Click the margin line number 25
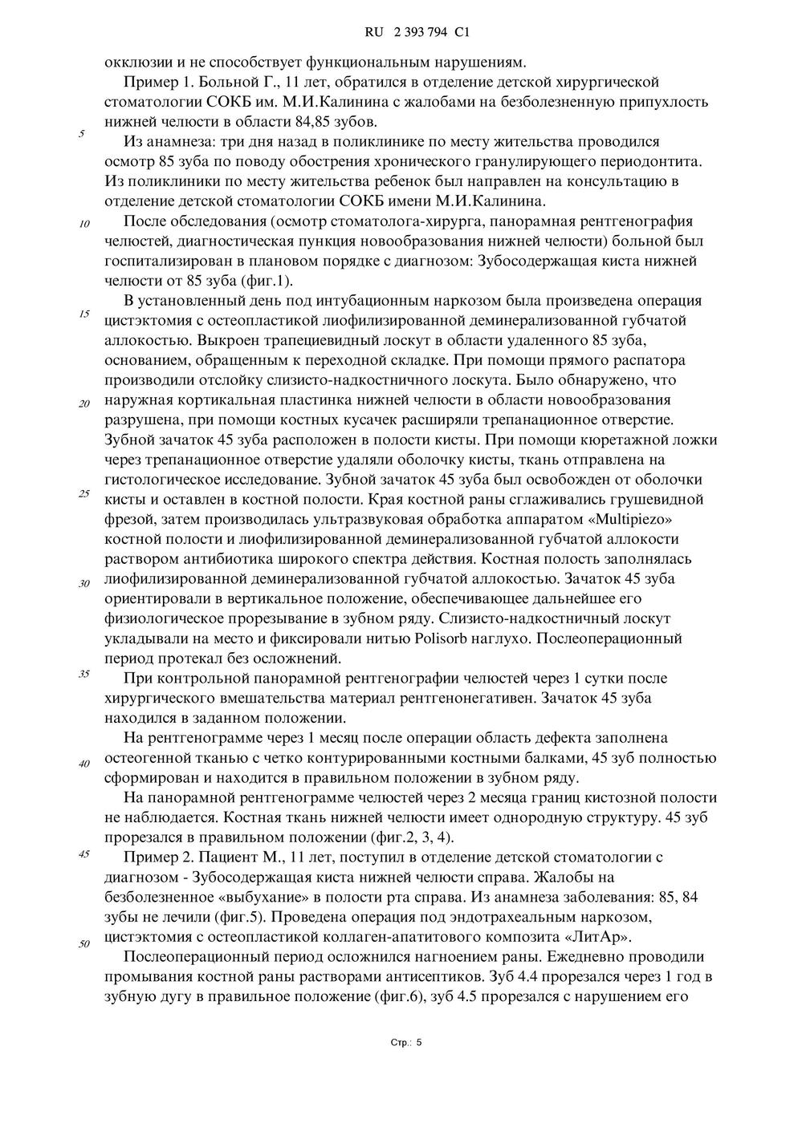tap(83, 493)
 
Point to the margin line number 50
tap(83, 943)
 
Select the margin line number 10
tap(83, 224)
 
